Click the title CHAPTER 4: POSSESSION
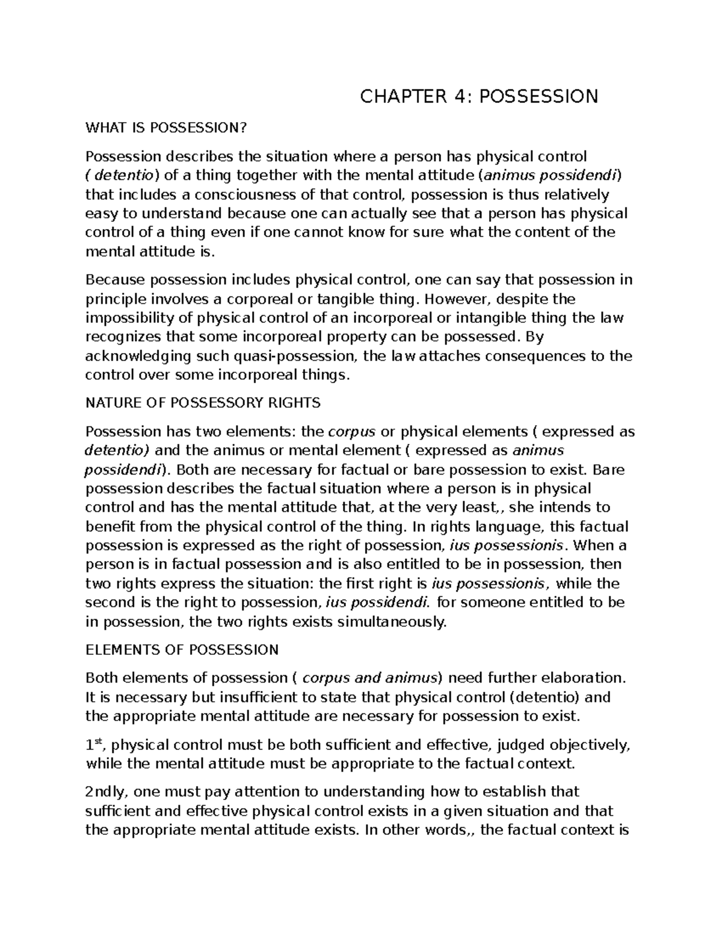(479, 96)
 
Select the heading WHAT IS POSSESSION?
(167, 128)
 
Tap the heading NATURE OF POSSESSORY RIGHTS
(203, 402)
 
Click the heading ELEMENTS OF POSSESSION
(182, 650)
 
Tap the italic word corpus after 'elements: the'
(351, 432)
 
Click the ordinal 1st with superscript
(95, 746)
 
